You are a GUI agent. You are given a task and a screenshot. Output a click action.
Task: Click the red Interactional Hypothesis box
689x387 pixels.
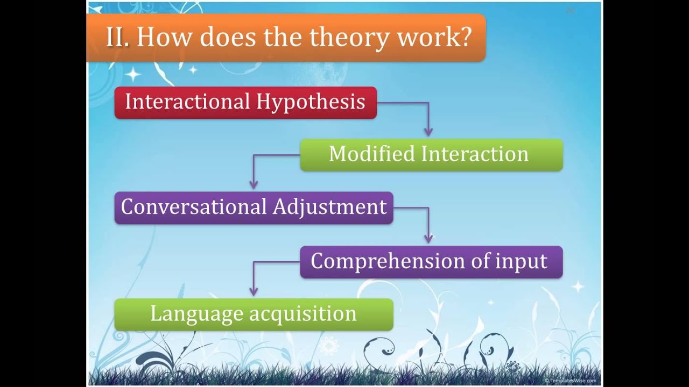click(245, 102)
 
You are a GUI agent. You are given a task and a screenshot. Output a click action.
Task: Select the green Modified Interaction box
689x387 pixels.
click(431, 155)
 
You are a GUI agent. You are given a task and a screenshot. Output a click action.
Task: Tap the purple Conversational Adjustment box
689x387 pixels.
click(254, 207)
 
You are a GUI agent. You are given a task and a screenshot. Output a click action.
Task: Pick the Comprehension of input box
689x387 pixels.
click(431, 262)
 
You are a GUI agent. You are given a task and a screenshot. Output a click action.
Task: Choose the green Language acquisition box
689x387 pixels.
click(254, 314)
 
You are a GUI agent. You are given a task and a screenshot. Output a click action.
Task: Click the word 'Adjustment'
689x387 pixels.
click(329, 207)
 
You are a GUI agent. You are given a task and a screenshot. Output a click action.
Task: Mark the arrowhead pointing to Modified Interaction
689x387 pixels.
click(428, 132)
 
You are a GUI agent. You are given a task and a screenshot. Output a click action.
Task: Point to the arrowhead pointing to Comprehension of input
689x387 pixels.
click(428, 239)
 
